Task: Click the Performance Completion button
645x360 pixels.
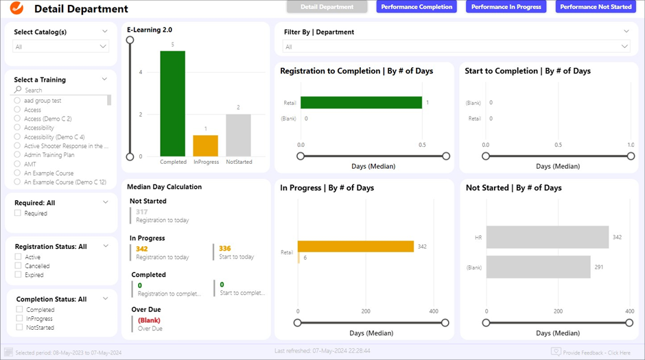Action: [417, 7]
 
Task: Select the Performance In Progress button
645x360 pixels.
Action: [506, 7]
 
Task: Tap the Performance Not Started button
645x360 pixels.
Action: [596, 7]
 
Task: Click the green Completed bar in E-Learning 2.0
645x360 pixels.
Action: [172, 103]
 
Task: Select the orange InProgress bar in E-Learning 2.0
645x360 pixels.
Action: [205, 145]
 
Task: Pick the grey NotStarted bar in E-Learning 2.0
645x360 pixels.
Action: [238, 135]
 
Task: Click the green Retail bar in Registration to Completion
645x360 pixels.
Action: [361, 103]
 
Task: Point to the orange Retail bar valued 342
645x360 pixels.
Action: [355, 246]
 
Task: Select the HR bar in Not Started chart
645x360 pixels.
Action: [547, 237]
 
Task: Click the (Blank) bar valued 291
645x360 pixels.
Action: [538, 267]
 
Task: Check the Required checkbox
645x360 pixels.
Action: [18, 214]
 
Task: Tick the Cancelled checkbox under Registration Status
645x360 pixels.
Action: [18, 266]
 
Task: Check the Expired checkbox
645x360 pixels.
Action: [18, 275]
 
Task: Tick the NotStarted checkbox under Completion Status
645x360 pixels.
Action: [18, 328]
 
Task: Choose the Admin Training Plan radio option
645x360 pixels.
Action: [17, 155]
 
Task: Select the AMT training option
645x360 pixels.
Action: [17, 164]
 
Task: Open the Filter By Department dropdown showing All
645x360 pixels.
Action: [456, 47]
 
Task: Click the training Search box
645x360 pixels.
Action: [62, 91]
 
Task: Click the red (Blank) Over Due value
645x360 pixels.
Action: [149, 320]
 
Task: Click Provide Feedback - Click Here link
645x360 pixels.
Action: [596, 352]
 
